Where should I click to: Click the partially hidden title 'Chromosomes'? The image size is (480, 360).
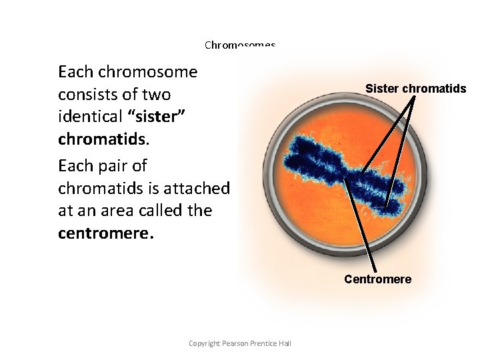tap(240, 45)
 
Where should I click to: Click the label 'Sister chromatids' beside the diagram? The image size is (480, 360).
tap(415, 89)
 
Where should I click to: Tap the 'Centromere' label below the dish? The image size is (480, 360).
tap(377, 279)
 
